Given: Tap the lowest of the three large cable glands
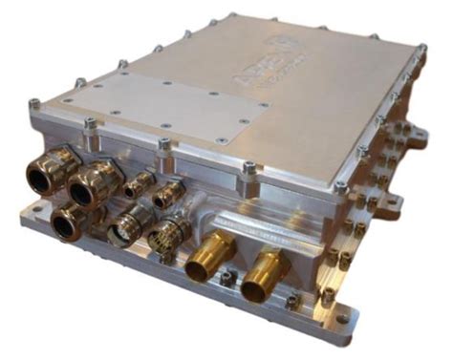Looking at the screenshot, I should pyautogui.click(x=66, y=221).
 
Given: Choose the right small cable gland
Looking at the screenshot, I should pyautogui.click(x=168, y=193).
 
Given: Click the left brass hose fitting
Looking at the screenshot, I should pyautogui.click(x=205, y=261).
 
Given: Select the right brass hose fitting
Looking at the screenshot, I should pyautogui.click(x=260, y=277).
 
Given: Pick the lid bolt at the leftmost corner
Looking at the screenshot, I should pyautogui.click(x=34, y=103).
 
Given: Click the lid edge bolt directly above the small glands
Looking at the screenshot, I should pyautogui.click(x=164, y=145).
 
